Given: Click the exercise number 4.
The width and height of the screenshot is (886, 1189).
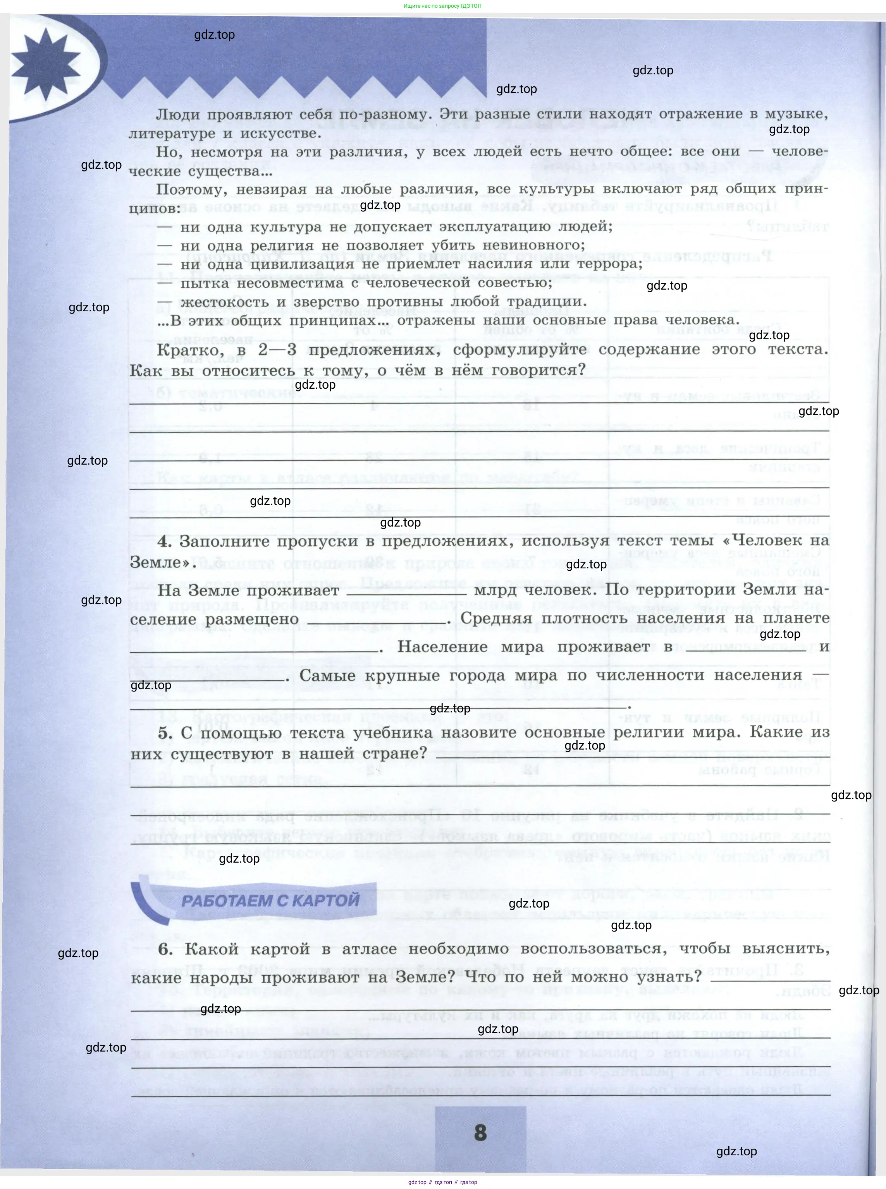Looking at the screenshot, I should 164,541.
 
